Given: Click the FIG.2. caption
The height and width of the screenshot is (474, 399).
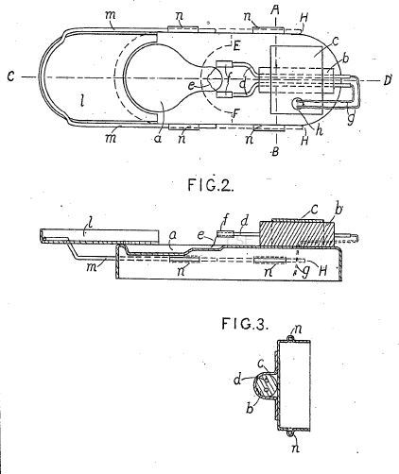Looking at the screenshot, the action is point(211,185).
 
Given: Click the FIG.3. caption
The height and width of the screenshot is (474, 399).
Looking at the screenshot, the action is point(245,324).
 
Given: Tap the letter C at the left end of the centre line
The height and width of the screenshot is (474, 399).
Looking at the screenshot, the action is point(11,76).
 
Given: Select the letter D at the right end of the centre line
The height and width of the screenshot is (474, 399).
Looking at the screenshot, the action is point(388,80).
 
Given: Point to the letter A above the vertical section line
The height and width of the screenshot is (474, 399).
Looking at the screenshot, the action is point(275,10).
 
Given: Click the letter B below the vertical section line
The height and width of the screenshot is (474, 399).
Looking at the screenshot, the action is point(275,152).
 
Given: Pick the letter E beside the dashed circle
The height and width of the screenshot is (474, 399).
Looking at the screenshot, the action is point(236,46).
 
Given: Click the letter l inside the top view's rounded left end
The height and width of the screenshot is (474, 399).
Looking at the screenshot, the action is point(82,100).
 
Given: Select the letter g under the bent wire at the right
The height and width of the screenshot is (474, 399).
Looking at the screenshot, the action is point(351,119).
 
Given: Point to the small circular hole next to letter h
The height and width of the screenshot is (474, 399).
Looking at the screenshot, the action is point(297,103).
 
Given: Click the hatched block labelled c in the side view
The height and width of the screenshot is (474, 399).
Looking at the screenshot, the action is point(296,234).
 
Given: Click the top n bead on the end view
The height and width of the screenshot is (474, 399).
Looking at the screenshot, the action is point(290,338).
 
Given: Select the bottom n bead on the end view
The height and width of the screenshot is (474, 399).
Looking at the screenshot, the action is point(290,433).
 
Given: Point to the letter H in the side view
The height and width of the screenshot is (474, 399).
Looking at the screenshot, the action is point(322,271).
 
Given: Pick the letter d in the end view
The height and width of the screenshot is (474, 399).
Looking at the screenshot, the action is point(237,380).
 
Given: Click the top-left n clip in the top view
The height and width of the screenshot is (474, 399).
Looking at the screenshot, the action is point(183,29).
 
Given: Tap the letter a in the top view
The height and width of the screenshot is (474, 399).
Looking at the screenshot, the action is point(158,139).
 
